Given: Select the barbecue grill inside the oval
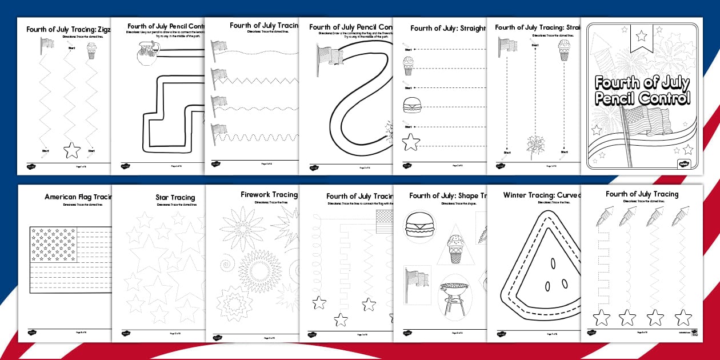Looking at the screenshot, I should pos(455,294).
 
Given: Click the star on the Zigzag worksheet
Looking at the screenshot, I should pos(72,150).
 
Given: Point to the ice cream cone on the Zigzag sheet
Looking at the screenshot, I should pos(91,52).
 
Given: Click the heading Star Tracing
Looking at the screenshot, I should pos(175,198).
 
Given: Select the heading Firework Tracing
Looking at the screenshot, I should pos(269,194).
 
